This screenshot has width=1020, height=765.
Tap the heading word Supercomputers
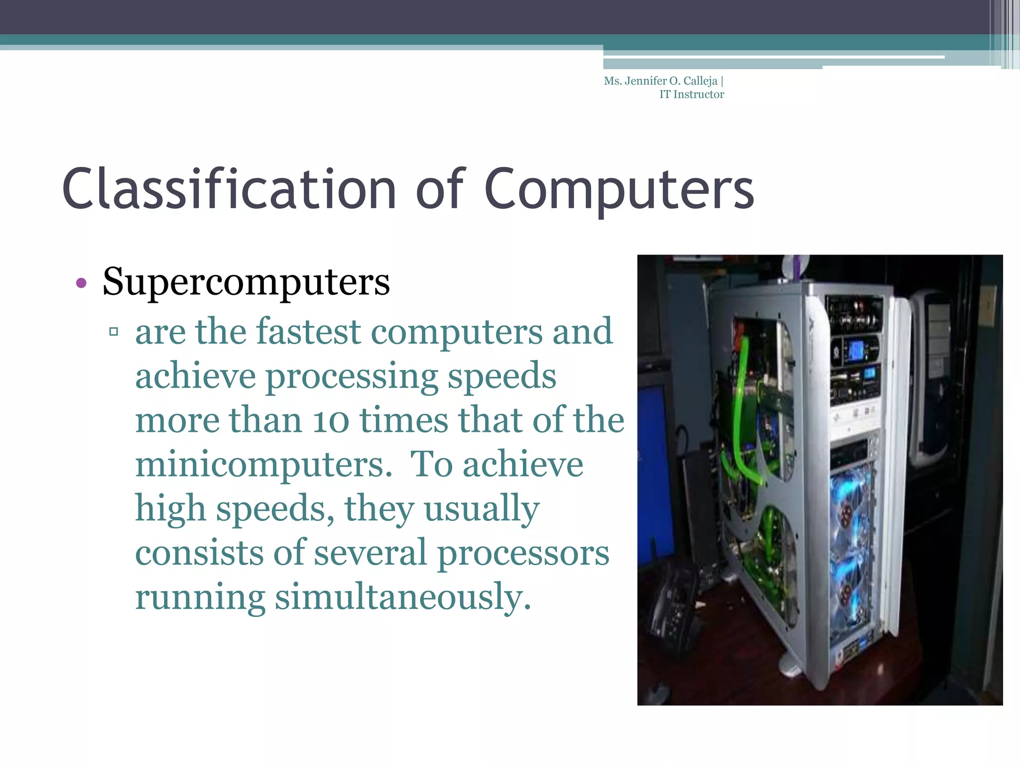pyautogui.click(x=246, y=282)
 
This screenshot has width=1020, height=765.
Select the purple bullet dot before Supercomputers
pyautogui.click(x=81, y=283)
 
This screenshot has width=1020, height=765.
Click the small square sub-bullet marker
pyautogui.click(x=114, y=331)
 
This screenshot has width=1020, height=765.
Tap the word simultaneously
pyautogui.click(x=403, y=597)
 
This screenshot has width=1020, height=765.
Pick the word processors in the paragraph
pyautogui.click(x=523, y=553)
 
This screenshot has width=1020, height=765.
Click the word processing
pyautogui.click(x=351, y=376)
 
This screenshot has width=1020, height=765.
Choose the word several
pyautogui.click(x=371, y=553)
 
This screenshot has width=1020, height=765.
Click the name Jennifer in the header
pyautogui.click(x=645, y=81)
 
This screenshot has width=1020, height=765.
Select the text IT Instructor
pyautogui.click(x=691, y=95)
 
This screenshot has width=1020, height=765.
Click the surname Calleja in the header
pyautogui.click(x=700, y=81)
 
